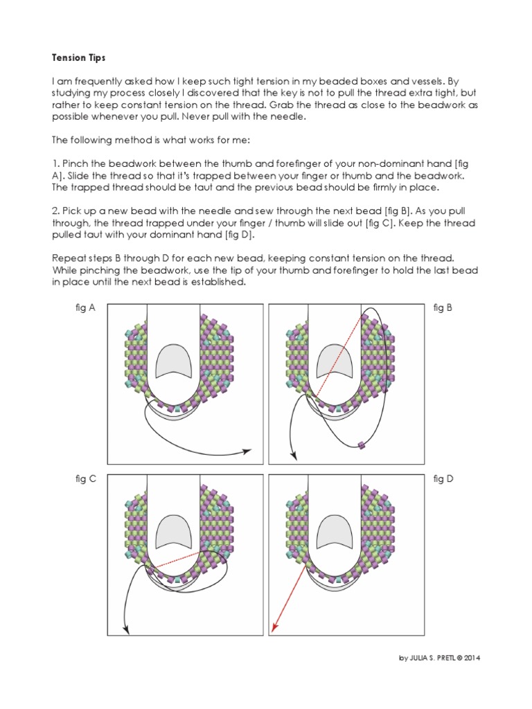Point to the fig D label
click(443, 478)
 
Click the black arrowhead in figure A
click(247, 451)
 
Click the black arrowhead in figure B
click(293, 456)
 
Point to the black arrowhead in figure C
click(126, 629)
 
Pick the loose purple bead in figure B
click(362, 444)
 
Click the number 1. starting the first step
click(55, 163)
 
